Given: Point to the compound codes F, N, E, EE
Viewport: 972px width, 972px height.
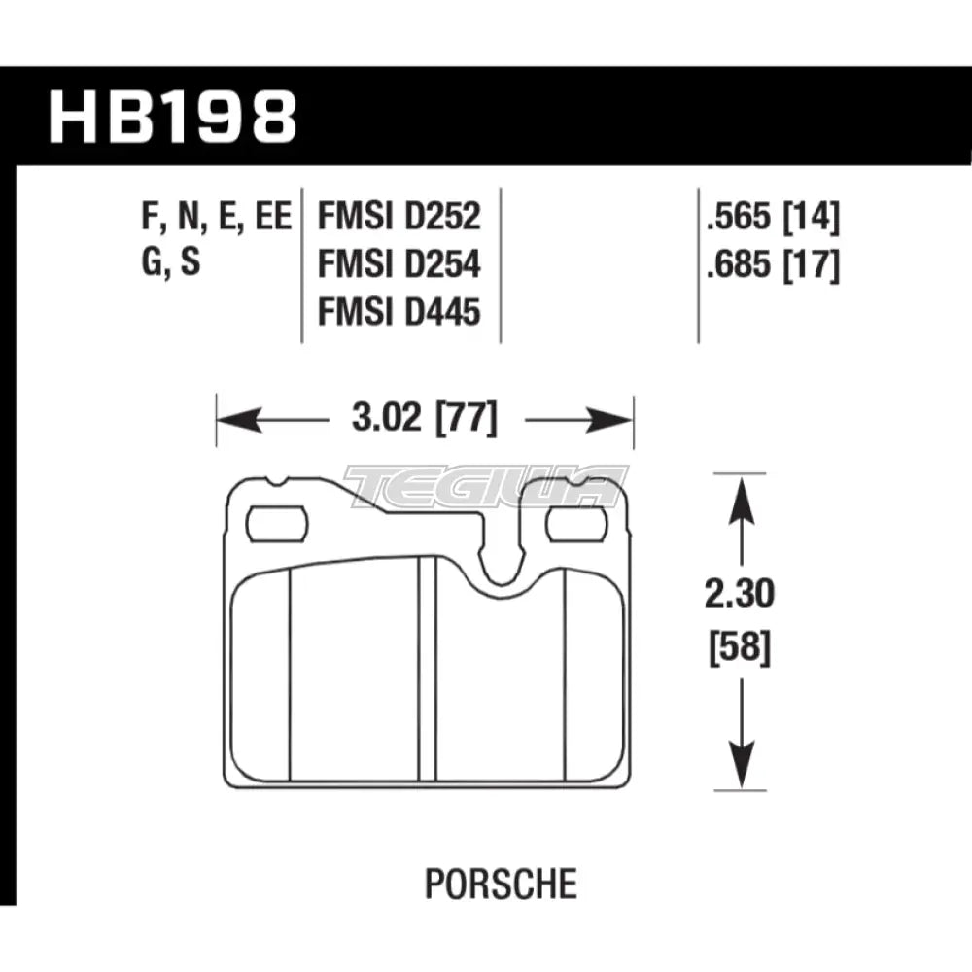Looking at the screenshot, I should pyautogui.click(x=216, y=217).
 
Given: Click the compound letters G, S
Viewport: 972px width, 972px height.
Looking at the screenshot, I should pyautogui.click(x=170, y=264).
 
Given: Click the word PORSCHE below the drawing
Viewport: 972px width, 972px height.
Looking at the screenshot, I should pyautogui.click(x=501, y=885).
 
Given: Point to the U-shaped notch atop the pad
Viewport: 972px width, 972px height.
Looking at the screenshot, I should pyautogui.click(x=504, y=569).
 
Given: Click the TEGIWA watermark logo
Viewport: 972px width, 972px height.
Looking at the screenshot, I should pyautogui.click(x=486, y=486).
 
